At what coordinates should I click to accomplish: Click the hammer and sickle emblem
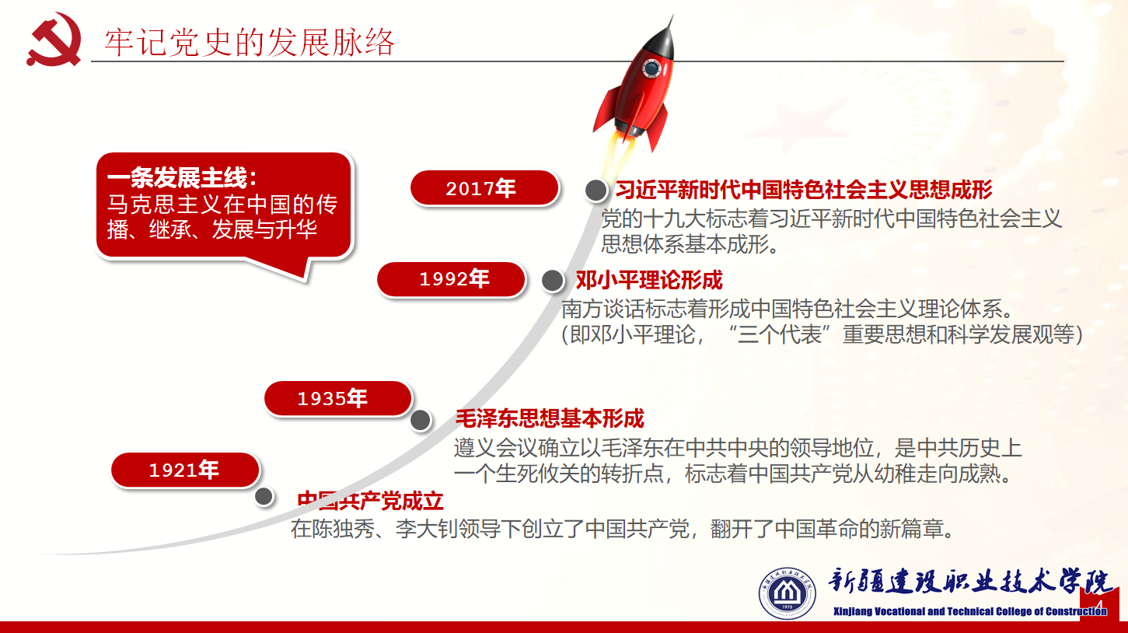[x=54, y=40]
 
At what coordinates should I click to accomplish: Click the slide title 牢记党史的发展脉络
[x=250, y=42]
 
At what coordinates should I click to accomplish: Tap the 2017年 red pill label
[x=484, y=188]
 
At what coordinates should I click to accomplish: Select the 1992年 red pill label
[x=451, y=279]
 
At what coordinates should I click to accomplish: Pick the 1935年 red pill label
[x=338, y=398]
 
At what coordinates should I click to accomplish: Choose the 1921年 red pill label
[x=185, y=470]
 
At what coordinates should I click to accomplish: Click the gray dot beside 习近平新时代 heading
[x=595, y=191]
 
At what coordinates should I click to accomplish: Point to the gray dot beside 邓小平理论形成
[x=553, y=281]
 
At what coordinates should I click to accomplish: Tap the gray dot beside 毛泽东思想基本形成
[x=421, y=420]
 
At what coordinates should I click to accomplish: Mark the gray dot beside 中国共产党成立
[x=264, y=497]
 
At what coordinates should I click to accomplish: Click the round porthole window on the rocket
[x=652, y=68]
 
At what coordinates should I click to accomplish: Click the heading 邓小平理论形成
[x=649, y=280]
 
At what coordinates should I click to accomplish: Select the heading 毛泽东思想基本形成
[x=550, y=418]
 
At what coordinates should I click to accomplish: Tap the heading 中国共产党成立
[x=370, y=501]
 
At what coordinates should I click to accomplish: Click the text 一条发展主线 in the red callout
[x=182, y=177]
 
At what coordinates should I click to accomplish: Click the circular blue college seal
[x=787, y=593]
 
